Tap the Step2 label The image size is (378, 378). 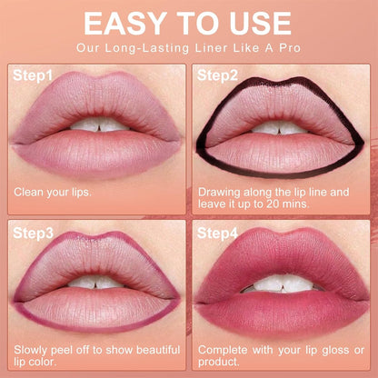coord(218,75)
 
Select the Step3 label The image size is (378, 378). coord(34,234)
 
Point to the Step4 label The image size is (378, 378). coord(218,234)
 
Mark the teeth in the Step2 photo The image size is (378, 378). coord(281,126)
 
